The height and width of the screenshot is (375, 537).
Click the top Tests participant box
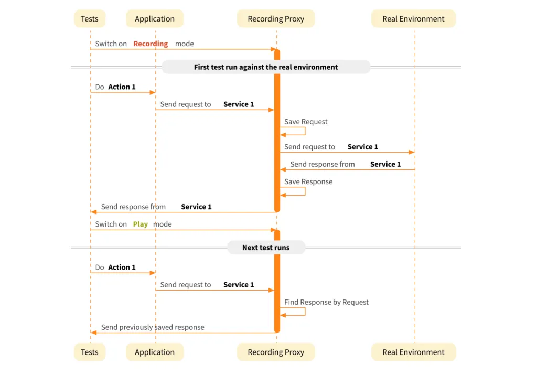pyautogui.click(x=90, y=19)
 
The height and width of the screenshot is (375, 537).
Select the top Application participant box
pyautogui.click(x=155, y=19)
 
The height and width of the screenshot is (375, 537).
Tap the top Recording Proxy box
pyautogui.click(x=276, y=19)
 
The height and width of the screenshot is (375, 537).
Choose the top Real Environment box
pyautogui.click(x=413, y=19)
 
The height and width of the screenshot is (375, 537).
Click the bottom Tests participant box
pyautogui.click(x=90, y=352)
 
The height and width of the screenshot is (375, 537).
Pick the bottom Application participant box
pyautogui.click(x=155, y=352)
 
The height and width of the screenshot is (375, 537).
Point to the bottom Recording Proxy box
pyautogui.click(x=276, y=352)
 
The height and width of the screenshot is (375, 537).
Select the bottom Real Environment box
pyautogui.click(x=413, y=352)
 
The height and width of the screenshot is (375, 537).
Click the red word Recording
pyautogui.click(x=151, y=44)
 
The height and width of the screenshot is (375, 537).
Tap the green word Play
pyautogui.click(x=140, y=224)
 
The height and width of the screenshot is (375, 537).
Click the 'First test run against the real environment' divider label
pyautogui.click(x=266, y=67)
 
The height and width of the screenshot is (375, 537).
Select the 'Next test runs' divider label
pyautogui.click(x=266, y=248)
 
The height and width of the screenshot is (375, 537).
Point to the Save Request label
pyautogui.click(x=306, y=122)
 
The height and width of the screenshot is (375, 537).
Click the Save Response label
pyautogui.click(x=308, y=181)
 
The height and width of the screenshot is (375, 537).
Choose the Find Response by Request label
pyautogui.click(x=326, y=302)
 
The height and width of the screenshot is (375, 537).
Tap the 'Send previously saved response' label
pyautogui.click(x=153, y=327)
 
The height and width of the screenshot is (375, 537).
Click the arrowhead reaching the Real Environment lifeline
pyautogui.click(x=412, y=152)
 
